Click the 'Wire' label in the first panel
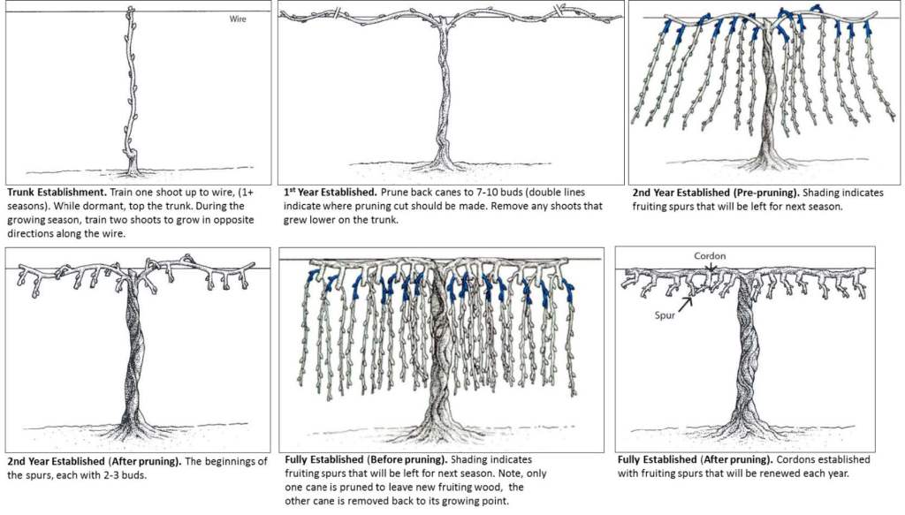point(238,19)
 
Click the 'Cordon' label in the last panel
point(710,256)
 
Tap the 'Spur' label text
point(665,314)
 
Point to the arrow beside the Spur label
point(686,303)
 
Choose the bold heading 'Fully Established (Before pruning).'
point(366,459)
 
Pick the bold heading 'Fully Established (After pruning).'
point(695,459)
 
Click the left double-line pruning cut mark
point(335,12)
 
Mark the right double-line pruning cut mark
point(559,11)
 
